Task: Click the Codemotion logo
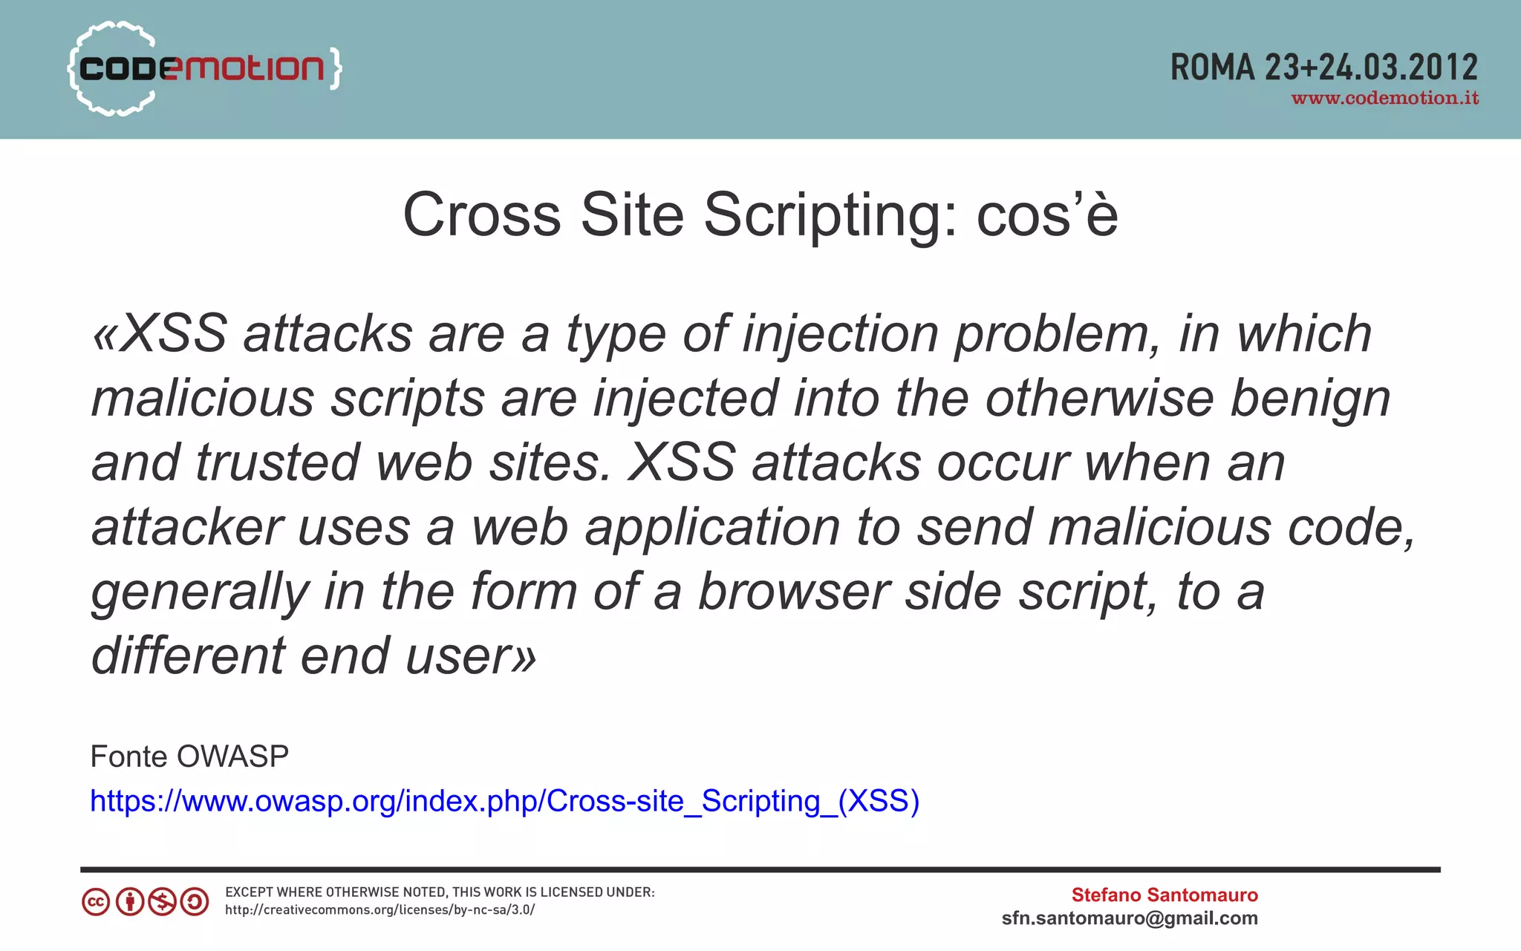point(204,68)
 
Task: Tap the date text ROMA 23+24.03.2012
point(1323,68)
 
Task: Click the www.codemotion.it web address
point(1385,99)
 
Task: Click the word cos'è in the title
point(1047,216)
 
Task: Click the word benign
point(1310,399)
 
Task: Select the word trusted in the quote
point(278,463)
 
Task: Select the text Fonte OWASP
point(189,756)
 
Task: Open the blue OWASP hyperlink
point(504,801)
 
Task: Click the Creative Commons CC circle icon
point(96,902)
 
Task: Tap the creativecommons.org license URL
point(380,910)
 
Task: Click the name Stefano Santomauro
point(1164,895)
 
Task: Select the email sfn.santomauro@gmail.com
point(1130,918)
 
